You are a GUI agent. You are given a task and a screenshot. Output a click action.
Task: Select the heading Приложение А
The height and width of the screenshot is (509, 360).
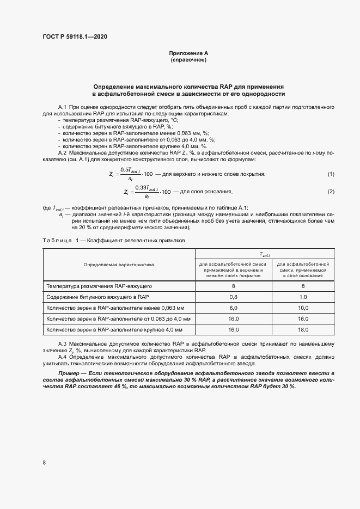(x=188, y=53)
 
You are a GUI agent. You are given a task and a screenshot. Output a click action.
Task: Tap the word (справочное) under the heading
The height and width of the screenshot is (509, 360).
(x=188, y=60)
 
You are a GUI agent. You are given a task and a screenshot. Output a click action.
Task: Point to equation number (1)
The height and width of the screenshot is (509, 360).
(x=330, y=174)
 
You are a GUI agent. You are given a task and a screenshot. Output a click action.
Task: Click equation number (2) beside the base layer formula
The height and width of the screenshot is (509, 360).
(x=330, y=192)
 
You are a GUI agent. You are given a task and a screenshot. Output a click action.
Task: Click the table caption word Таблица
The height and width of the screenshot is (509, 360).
(x=57, y=240)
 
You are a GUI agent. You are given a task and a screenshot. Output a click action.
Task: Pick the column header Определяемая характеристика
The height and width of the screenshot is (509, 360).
(x=119, y=265)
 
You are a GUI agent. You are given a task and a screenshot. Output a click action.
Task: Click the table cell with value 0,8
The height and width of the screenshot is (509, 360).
(x=233, y=297)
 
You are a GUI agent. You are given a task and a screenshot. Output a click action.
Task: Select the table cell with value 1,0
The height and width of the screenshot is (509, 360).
(x=303, y=297)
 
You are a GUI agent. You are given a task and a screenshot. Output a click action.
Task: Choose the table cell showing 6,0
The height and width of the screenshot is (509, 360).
(x=233, y=308)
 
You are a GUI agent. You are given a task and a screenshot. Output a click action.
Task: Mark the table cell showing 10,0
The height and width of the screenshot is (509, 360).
(x=303, y=308)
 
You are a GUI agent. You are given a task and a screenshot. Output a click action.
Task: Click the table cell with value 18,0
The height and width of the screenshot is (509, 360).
(x=303, y=330)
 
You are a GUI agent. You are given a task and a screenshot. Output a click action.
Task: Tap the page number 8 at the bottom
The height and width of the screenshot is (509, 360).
(x=44, y=463)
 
